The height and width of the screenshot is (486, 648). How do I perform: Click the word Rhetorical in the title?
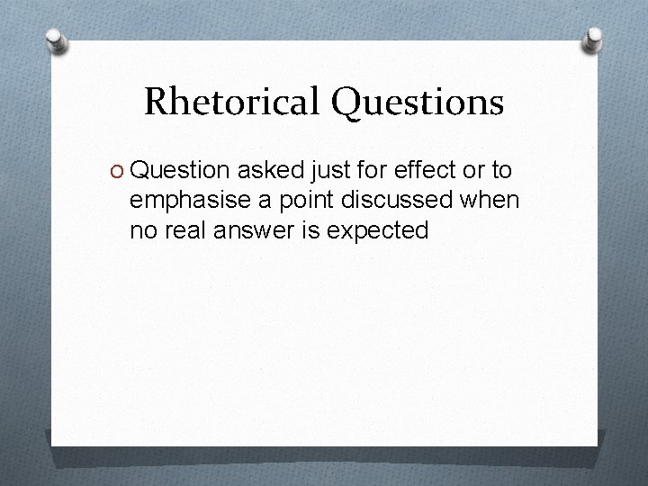231,103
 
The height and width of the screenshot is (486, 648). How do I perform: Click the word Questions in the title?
417,103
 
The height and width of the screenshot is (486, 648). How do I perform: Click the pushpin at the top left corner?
57,41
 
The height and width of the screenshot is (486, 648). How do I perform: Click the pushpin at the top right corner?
594,38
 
